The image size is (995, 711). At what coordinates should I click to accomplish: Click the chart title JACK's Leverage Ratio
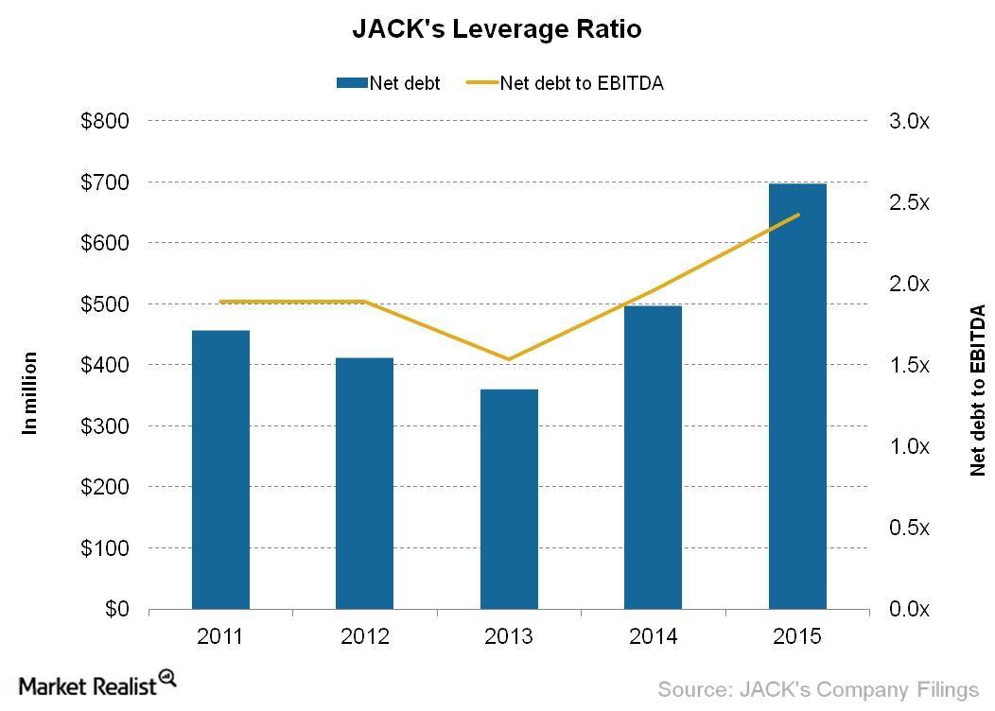point(497,29)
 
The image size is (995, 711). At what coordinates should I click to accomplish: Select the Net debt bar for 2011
point(220,469)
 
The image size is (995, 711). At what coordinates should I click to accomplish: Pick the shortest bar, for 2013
point(509,498)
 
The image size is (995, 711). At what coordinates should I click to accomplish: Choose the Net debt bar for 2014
point(653,457)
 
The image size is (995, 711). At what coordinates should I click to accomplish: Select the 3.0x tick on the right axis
point(911,121)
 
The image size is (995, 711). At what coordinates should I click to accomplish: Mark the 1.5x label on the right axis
point(911,365)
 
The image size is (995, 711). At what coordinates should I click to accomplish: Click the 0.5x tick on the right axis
point(911,528)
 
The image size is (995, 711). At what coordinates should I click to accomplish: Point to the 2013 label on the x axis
point(509,636)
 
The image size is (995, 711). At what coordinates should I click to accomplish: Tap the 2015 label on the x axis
point(797,636)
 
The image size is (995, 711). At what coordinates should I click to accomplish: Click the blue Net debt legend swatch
point(352,83)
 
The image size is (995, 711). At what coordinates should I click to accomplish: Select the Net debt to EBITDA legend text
point(582,83)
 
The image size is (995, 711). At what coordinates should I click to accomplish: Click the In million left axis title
point(30,392)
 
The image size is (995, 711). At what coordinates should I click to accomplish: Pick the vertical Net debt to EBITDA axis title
point(977,390)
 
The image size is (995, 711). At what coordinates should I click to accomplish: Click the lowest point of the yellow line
point(509,359)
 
